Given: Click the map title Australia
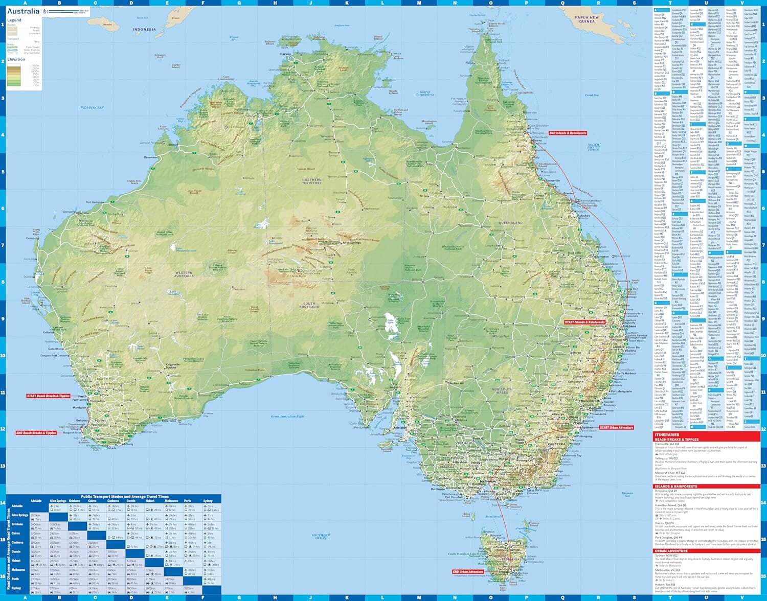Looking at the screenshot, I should point(23,11).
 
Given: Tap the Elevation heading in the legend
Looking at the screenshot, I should point(16,59).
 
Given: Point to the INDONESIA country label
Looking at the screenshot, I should point(144,30).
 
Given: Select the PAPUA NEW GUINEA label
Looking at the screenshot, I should point(586,19).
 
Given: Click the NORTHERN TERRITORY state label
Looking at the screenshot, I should point(312,181).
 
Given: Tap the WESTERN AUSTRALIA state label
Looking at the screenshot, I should point(184,274).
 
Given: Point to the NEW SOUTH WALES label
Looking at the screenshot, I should point(502,390).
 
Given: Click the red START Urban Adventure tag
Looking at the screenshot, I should point(616,427).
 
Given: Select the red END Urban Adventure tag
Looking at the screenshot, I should point(468,572).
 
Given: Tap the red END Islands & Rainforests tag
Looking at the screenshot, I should point(568,133).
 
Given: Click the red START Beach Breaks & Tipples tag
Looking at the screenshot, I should point(49,396).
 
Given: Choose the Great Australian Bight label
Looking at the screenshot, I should point(288,417).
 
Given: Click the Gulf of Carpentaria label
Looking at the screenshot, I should point(425,94).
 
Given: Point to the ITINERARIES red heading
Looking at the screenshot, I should point(667,434).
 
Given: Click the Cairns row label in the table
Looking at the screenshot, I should point(16,533).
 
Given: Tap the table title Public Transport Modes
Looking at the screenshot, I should point(124,497).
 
